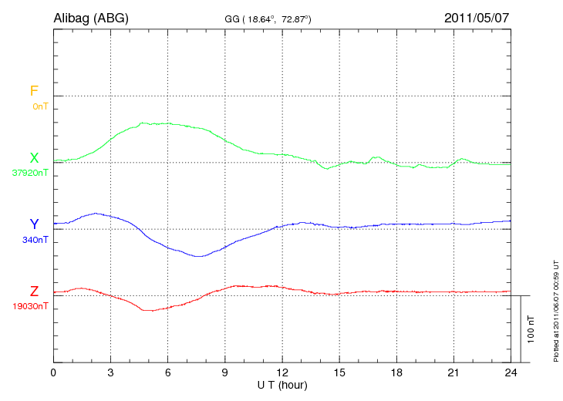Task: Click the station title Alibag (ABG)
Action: tap(90, 17)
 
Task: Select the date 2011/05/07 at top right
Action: tap(477, 17)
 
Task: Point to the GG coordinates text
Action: tap(267, 19)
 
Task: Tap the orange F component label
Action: tap(33, 91)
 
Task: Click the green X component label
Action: tap(34, 158)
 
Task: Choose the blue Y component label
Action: tap(34, 224)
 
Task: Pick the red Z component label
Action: tap(34, 291)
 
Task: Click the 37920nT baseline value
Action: tap(30, 173)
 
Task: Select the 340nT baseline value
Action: tap(35, 240)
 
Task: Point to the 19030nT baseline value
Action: tap(30, 306)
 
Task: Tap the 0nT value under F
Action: tap(40, 106)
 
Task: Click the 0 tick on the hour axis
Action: tap(53, 372)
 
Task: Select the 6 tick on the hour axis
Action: tap(168, 372)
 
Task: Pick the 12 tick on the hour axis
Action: tap(282, 372)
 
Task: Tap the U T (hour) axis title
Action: tap(282, 384)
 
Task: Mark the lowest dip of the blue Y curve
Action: tap(199, 256)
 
